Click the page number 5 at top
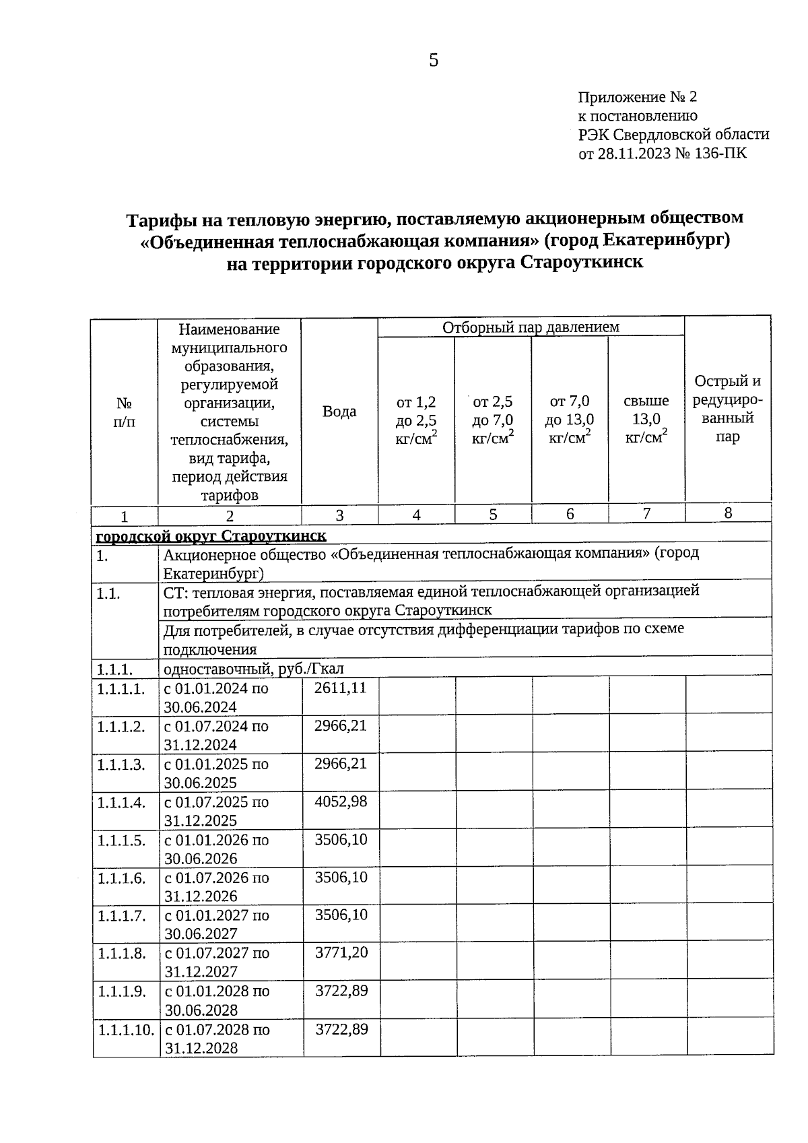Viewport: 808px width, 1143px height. [434, 61]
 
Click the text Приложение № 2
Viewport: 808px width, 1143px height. [637, 98]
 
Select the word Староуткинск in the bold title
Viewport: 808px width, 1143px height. [582, 263]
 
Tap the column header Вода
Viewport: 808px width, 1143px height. [339, 412]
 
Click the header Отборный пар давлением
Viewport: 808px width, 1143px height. [531, 327]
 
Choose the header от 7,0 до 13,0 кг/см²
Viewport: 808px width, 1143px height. [570, 420]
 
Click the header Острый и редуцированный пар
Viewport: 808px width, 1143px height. [728, 409]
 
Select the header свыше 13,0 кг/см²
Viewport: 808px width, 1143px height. [646, 420]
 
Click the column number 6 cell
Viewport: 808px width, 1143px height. [570, 514]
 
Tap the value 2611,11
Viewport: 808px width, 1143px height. [341, 688]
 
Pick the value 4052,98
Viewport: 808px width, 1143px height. [341, 802]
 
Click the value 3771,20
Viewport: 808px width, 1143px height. [341, 952]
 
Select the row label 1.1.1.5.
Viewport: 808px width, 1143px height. [121, 840]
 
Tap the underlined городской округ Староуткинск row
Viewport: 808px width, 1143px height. [211, 536]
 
